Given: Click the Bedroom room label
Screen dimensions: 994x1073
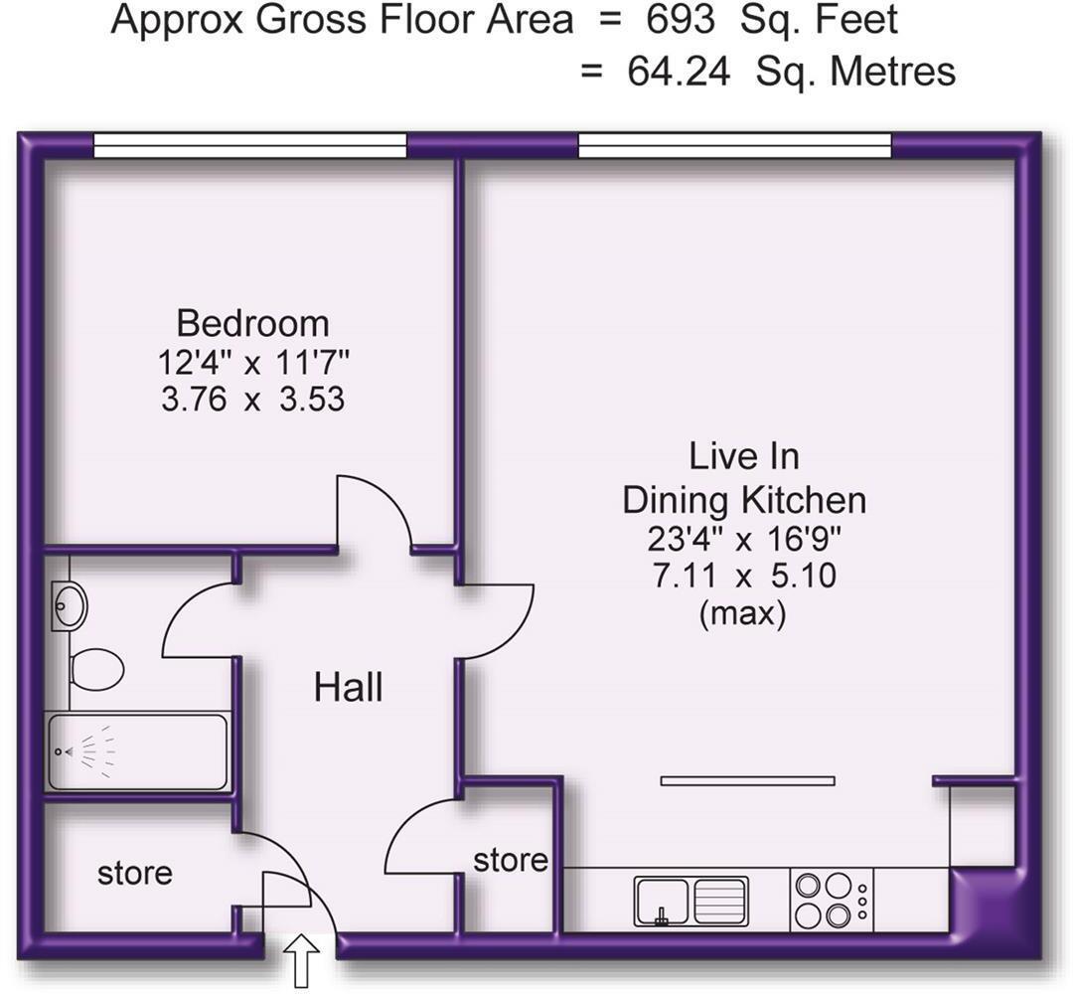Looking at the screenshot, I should tap(252, 324).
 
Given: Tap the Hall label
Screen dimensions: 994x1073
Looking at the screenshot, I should tap(348, 688).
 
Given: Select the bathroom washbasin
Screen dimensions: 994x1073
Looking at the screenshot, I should tap(70, 604).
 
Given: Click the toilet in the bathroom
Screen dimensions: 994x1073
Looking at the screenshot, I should tap(96, 668).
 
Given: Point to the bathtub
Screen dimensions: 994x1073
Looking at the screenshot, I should tap(137, 751).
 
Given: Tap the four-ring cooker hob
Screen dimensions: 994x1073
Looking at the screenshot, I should tap(825, 900).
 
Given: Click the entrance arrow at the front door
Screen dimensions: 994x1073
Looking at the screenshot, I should tap(302, 961).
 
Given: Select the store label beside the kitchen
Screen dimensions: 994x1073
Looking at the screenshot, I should tap(510, 860).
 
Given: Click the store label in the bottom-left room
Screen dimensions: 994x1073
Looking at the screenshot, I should tap(135, 874).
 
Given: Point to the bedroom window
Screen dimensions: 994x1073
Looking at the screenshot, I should tap(249, 146).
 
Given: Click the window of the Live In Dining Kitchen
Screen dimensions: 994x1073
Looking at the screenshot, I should tap(734, 146).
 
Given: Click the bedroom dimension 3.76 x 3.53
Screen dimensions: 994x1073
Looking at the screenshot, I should tap(252, 400).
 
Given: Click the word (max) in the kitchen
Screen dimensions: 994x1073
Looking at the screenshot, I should tap(743, 614).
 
